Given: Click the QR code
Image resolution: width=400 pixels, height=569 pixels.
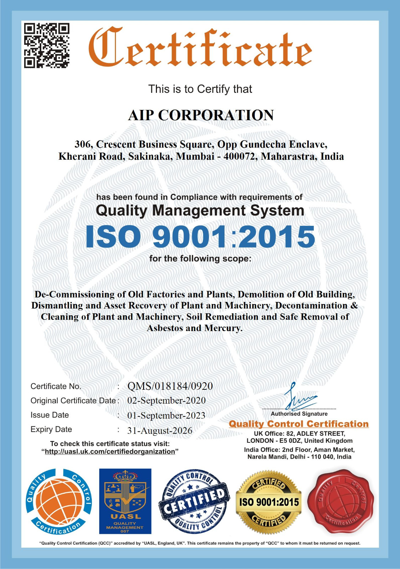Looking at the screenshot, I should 47,45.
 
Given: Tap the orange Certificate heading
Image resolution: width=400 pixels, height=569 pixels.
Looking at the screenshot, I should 200,47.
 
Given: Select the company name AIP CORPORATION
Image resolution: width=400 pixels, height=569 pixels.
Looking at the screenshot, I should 201,115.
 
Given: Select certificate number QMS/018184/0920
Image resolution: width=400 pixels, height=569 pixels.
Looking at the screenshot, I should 170,386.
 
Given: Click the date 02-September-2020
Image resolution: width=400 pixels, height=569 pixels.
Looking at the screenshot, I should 167,400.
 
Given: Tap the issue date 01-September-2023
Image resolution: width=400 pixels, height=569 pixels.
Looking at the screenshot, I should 166,415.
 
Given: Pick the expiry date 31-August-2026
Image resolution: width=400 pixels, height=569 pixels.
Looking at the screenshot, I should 160,431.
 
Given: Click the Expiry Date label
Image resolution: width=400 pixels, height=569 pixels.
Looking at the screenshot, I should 51,430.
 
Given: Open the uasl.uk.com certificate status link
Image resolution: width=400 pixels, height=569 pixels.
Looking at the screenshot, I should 110,452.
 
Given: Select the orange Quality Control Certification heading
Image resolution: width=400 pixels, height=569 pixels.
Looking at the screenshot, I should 299,424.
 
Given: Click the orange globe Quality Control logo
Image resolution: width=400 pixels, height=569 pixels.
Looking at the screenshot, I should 58,501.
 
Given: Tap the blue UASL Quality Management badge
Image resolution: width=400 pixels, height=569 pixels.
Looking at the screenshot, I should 125,501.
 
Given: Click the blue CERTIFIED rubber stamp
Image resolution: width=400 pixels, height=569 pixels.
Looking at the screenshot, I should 194,501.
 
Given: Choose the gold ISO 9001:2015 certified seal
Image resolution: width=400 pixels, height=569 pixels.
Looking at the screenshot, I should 269,502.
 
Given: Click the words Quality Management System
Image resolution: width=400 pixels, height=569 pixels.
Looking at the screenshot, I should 200,211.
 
